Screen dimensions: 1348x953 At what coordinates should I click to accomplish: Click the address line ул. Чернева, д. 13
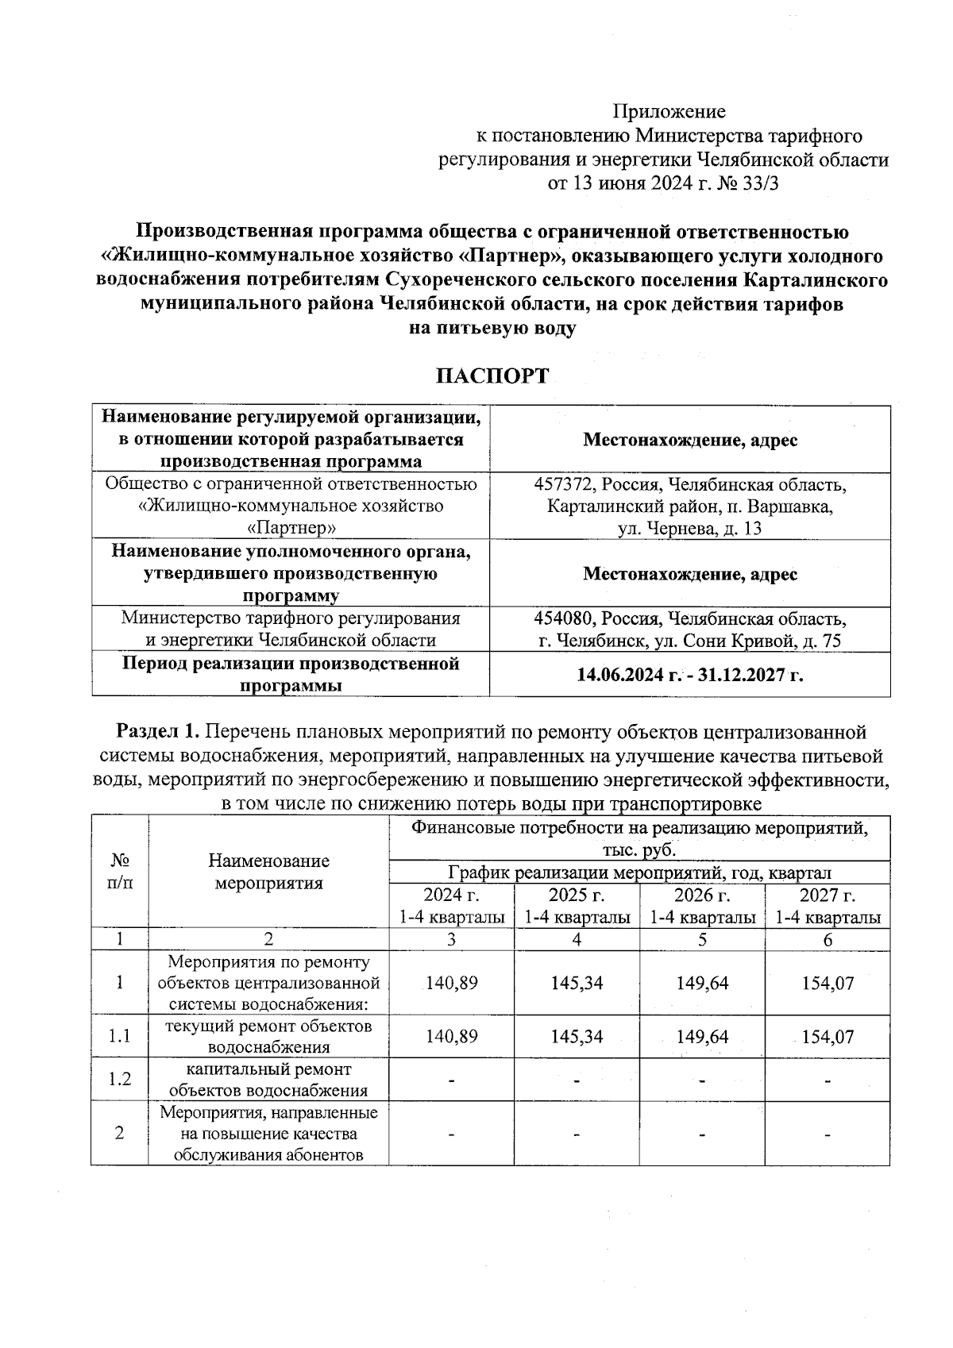click(x=689, y=528)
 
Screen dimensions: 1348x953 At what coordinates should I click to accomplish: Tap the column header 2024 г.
click(x=451, y=895)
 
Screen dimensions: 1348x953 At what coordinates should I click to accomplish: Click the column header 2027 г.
click(x=828, y=895)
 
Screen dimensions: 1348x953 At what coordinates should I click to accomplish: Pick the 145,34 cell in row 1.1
click(x=577, y=1036)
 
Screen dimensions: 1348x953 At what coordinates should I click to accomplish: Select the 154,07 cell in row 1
click(x=828, y=983)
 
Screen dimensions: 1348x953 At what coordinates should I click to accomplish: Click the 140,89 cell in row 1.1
click(x=451, y=1036)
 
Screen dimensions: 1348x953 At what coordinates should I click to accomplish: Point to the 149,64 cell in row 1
click(x=702, y=983)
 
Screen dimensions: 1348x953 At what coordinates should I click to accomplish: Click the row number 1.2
click(x=119, y=1079)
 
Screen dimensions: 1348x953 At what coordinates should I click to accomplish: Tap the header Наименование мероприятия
click(x=268, y=872)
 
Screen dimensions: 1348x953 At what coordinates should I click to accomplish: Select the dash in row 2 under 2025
click(x=577, y=1134)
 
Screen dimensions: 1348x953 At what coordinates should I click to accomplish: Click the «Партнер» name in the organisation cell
click(x=291, y=527)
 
